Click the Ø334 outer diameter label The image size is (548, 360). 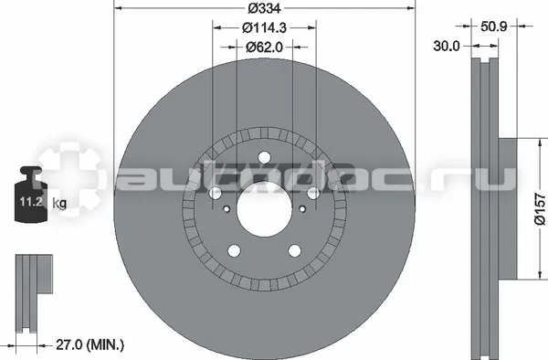tap(264, 8)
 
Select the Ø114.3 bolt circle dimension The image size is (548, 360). tap(264, 27)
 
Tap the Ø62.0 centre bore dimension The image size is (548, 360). tap(264, 47)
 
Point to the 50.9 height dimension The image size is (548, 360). tap(493, 26)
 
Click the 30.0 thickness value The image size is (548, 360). tap(447, 46)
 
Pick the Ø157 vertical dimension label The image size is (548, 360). tap(540, 208)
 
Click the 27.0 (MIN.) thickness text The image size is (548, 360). tap(90, 345)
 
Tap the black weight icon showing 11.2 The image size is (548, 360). tap(31, 195)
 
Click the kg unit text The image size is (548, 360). tap(59, 203)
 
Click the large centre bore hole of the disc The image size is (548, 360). tap(264, 209)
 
